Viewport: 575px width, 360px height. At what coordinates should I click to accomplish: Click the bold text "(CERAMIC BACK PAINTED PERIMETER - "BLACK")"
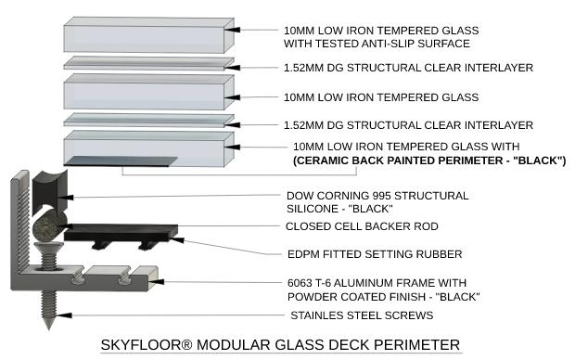coord(428,161)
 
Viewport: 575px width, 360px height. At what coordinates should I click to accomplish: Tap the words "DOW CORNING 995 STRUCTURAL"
coord(376,196)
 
